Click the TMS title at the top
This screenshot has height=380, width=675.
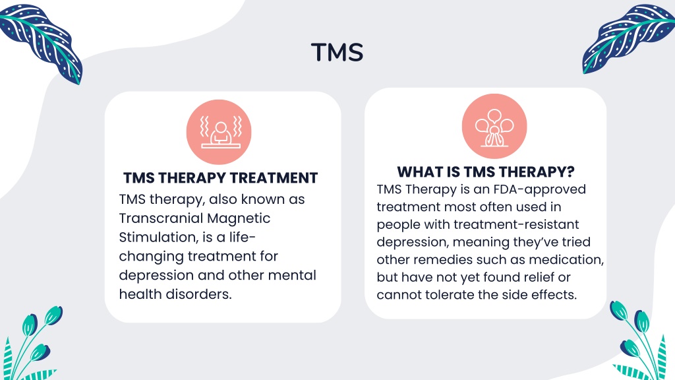(337, 52)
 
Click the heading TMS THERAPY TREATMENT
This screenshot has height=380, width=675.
(220, 178)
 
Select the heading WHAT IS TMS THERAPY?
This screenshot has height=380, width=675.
(486, 172)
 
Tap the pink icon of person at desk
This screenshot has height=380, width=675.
(219, 132)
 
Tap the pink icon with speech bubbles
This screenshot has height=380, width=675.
(494, 126)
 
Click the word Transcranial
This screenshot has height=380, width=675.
(161, 218)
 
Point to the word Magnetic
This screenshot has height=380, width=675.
(239, 218)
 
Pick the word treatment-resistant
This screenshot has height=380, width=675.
(516, 224)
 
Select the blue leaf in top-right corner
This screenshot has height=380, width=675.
(628, 39)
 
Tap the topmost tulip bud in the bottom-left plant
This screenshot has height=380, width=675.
(54, 315)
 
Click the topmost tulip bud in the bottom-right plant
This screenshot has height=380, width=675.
(618, 310)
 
